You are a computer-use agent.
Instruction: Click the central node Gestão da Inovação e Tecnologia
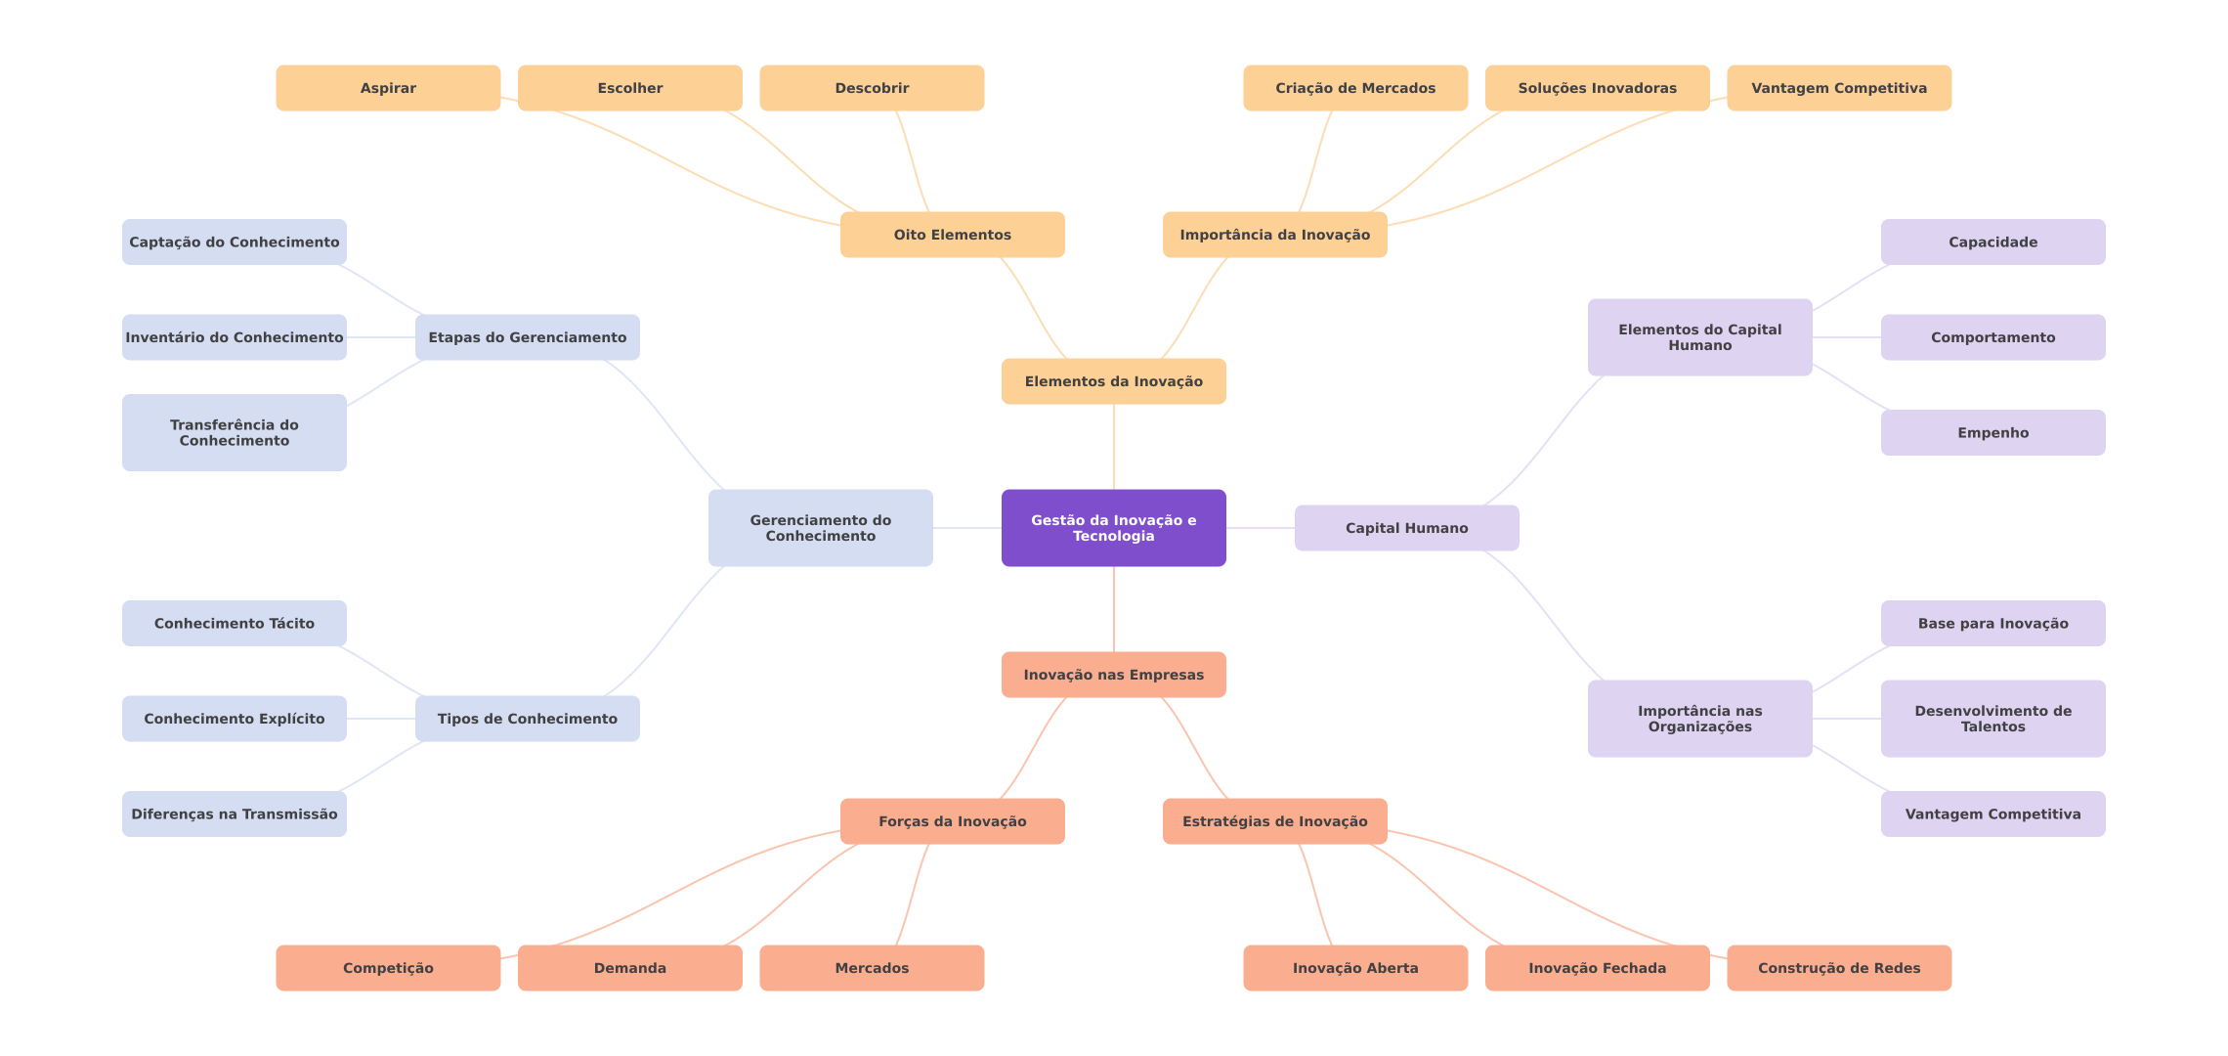point(1113,528)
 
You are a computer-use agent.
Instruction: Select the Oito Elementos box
point(952,235)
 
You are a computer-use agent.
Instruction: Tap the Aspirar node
point(388,88)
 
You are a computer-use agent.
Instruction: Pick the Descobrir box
point(872,88)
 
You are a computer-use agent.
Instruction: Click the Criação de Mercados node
point(1354,88)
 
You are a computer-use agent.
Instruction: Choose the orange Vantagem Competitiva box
point(1838,88)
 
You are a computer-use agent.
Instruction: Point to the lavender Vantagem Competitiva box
point(1992,814)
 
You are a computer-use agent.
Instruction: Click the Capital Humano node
point(1406,528)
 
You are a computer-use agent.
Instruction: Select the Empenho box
point(1992,432)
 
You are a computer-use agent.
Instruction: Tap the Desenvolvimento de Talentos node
point(1992,719)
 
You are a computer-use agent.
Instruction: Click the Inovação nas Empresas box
point(1113,675)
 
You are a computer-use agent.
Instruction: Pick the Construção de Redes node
point(1838,968)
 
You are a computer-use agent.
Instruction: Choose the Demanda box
point(629,968)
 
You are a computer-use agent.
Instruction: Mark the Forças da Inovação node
point(952,821)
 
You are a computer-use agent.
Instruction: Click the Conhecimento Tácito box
point(234,623)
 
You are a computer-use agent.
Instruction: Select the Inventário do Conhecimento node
point(234,337)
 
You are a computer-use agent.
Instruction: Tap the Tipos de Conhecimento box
point(527,719)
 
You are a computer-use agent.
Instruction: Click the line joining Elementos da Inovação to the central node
point(1114,447)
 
